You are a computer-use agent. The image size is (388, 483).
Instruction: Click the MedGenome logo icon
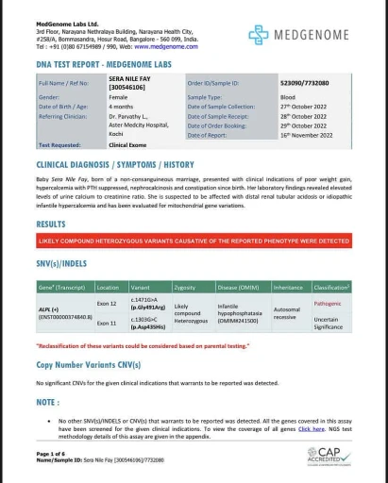258,35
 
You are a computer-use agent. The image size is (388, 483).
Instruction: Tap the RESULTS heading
51,225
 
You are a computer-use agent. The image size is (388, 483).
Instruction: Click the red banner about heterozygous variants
193,241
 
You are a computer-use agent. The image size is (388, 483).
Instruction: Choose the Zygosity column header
186,286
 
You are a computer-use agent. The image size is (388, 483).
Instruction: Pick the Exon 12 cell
107,304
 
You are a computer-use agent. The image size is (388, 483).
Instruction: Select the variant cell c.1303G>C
147,322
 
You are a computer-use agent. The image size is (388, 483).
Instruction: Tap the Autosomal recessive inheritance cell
286,313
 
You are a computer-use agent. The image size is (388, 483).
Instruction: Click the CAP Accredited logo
328,457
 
